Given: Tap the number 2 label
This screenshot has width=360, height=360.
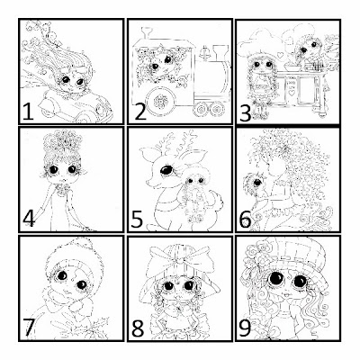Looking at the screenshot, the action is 140,112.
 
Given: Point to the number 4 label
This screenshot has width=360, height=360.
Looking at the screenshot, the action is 30,218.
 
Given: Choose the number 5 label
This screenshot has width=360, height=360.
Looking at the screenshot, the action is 137,219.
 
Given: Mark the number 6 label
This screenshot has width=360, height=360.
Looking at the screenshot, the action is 246,220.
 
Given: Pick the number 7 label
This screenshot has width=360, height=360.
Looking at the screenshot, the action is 29,327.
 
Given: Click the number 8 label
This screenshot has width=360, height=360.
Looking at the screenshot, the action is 138,328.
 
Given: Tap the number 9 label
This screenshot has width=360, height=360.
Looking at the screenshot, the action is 245,328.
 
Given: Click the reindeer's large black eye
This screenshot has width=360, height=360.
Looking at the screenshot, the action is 166,170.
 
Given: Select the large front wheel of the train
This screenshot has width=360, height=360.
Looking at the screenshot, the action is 161,102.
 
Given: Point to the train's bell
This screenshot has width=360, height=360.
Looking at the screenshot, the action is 205,52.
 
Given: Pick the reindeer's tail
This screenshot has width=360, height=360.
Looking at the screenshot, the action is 217,201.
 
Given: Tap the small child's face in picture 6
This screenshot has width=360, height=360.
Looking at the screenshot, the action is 256,183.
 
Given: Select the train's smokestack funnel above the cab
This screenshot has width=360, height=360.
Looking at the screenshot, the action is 146,33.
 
